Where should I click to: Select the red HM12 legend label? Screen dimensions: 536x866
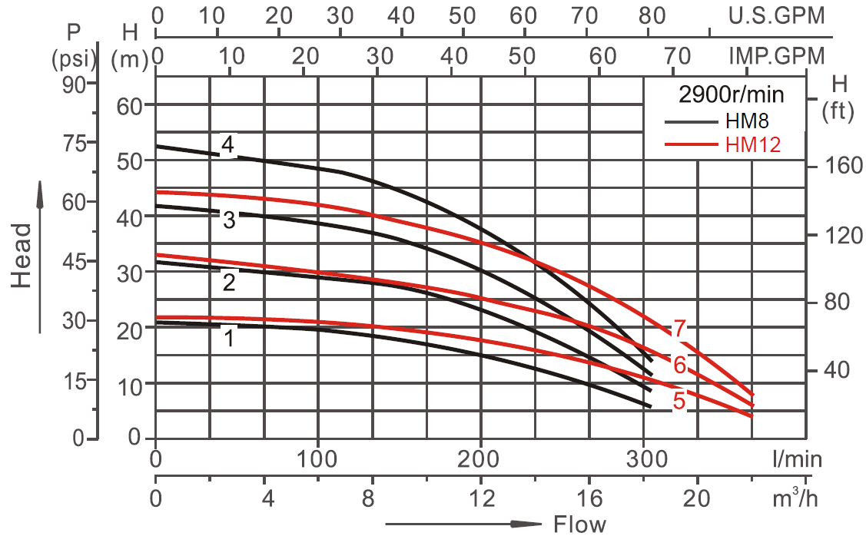pos(752,144)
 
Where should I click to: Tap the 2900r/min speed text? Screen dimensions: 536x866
pos(731,95)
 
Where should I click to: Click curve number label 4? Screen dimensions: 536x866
pos(228,144)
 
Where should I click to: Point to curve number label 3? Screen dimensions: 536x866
pos(229,220)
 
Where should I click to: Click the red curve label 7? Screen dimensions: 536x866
pos(679,329)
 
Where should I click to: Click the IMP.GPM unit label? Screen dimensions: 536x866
pos(775,55)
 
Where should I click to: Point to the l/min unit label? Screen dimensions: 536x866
pos(798,459)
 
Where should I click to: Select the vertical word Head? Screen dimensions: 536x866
pos(24,255)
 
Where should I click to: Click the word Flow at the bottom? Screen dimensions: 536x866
pos(579,524)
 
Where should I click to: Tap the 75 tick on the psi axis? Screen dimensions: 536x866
pos(78,143)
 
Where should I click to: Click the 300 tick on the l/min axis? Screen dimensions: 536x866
pos(644,459)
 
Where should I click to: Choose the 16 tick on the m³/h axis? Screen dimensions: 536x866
pos(590,497)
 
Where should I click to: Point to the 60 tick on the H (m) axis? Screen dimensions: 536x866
pos(131,105)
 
